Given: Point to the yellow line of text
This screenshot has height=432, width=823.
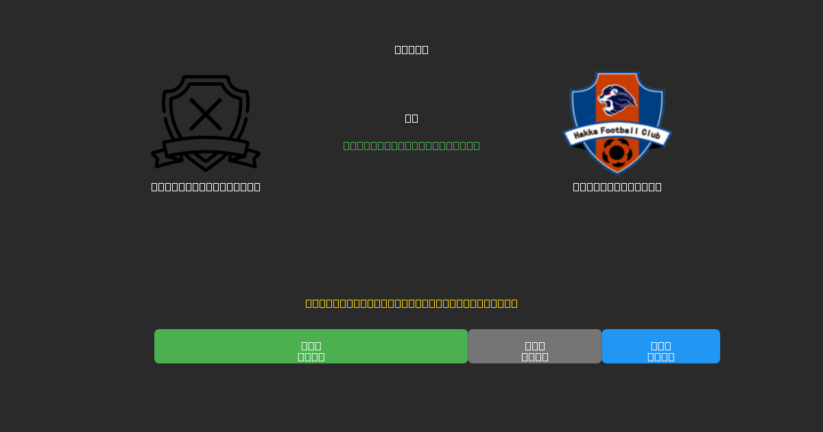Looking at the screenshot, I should [411, 303].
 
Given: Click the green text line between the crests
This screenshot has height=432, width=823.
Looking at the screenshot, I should [411, 145].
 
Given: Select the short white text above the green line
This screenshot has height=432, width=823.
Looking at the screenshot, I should [411, 118].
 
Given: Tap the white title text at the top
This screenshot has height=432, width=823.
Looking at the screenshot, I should [411, 49].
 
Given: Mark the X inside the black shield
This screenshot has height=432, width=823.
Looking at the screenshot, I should [206, 114].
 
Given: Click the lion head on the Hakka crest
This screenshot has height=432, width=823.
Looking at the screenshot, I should [617, 100].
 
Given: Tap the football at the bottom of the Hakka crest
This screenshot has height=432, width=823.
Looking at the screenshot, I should [617, 152].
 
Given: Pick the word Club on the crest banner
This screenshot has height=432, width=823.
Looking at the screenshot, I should [652, 135].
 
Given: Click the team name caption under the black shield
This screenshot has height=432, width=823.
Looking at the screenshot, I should [206, 187].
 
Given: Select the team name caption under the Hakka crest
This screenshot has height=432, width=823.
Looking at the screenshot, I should [617, 187].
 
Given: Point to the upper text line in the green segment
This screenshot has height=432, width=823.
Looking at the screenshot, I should [311, 346].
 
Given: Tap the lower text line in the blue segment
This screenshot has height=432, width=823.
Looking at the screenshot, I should [661, 357].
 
